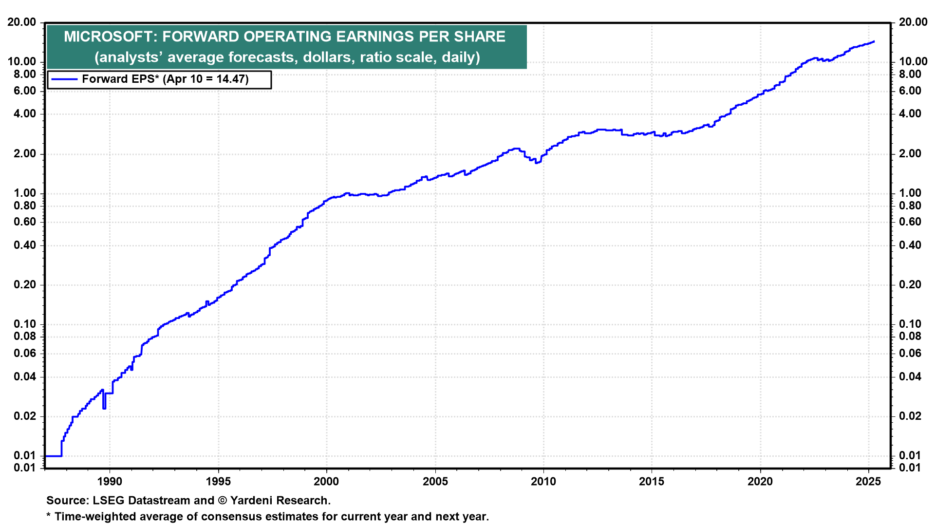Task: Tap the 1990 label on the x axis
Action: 110,482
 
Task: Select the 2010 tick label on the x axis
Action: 543,482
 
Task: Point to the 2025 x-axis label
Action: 868,482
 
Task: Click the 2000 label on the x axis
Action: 326,482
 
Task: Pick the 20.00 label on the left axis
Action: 21,22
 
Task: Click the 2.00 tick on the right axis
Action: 910,154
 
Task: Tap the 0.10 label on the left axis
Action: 24,324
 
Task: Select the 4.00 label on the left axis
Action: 24,114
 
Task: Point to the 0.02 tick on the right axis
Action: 910,416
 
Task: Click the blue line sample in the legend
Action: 64,79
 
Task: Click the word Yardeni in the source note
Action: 252,501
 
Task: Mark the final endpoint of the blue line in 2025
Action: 874,42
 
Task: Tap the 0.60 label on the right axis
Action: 910,222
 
